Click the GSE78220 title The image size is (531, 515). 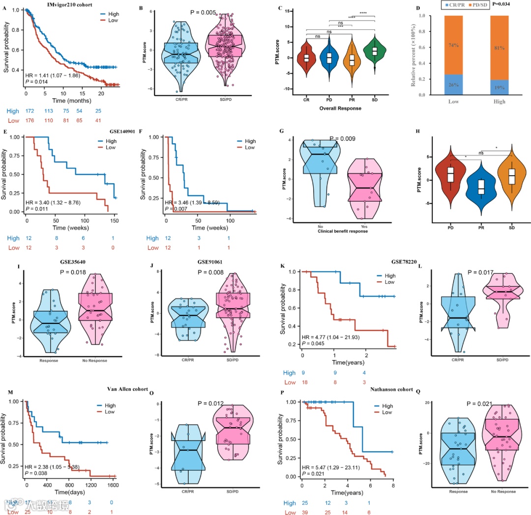pyautogui.click(x=399, y=263)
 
